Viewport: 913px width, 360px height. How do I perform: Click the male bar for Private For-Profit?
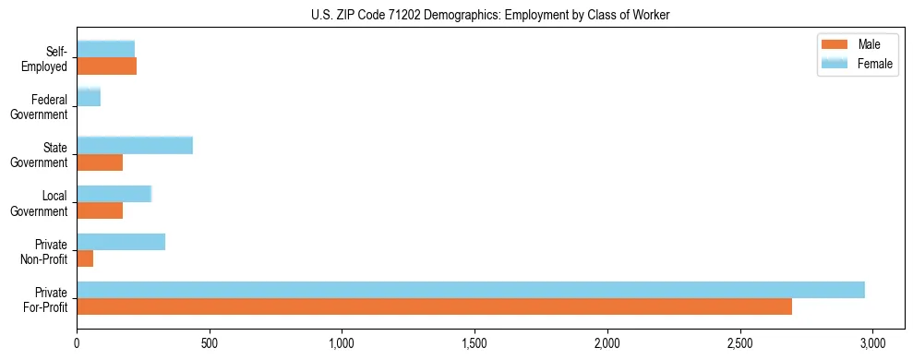434,306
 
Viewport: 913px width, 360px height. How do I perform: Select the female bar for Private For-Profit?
471,290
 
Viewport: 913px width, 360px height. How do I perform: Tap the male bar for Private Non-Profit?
85,258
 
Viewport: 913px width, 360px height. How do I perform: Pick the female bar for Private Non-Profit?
121,242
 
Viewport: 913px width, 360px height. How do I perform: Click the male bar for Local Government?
100,210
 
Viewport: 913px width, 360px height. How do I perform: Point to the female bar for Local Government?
114,194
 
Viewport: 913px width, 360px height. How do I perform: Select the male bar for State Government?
100,162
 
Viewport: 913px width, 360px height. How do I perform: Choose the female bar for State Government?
135,146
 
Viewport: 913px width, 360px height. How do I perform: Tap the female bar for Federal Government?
89,98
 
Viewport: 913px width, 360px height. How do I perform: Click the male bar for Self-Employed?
107,66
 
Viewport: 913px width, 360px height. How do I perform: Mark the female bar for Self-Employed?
106,49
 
